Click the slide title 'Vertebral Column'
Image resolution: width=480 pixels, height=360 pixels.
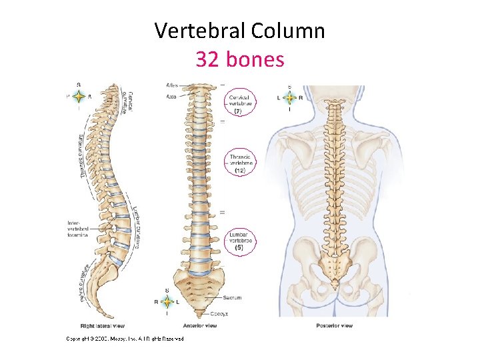pyautogui.click(x=239, y=30)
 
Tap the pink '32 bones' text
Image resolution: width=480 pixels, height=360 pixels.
pyautogui.click(x=239, y=59)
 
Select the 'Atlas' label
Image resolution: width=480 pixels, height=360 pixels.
pyautogui.click(x=172, y=85)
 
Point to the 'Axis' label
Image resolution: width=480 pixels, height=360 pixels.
pyautogui.click(x=172, y=97)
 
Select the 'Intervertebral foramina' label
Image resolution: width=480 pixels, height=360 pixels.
pyautogui.click(x=78, y=229)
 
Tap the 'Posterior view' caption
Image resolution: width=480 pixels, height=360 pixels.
pyautogui.click(x=334, y=326)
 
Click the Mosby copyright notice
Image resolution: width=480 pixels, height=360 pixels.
pyautogui.click(x=125, y=339)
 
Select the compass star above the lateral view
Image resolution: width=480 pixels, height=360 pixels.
pyautogui.click(x=79, y=96)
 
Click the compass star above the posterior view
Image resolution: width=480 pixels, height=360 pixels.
pyautogui.click(x=289, y=98)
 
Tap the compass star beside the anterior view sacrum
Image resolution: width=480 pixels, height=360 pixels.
pyautogui.click(x=167, y=301)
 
